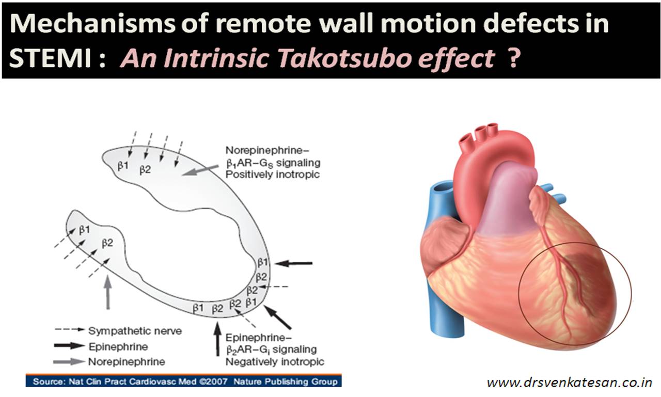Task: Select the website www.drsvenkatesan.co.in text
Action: tap(570, 383)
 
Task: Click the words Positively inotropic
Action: tap(273, 174)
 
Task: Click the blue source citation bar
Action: tap(183, 382)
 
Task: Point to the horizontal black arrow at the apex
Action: tap(294, 263)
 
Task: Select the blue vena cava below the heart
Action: tap(444, 310)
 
